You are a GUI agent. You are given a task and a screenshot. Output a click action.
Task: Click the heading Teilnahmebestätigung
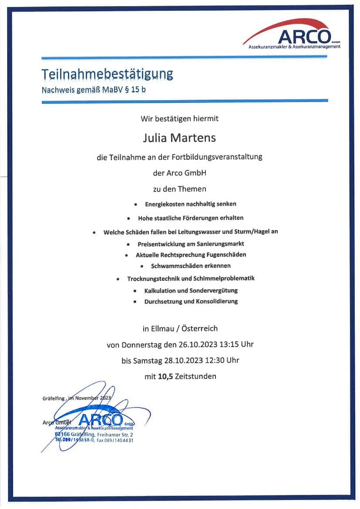[x=107, y=74]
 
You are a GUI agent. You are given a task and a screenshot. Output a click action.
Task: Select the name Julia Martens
[x=179, y=138]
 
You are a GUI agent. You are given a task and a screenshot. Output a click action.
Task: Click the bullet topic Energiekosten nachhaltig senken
[x=191, y=204]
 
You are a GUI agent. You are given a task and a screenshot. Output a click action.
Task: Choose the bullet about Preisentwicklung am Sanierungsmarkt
[x=191, y=244]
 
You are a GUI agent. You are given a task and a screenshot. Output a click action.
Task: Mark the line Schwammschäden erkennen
[x=191, y=266]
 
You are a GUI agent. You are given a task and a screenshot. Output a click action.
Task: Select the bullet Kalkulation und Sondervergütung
[x=191, y=290]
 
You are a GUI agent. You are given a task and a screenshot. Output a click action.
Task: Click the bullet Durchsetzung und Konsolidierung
[x=191, y=301]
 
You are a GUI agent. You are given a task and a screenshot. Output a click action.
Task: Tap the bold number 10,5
[x=165, y=376]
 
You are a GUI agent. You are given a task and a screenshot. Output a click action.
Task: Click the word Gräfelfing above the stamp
[x=54, y=398]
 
